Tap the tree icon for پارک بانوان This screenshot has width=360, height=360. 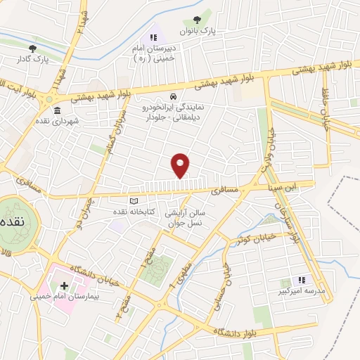coord(196,22)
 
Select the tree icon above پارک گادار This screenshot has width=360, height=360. coord(32,49)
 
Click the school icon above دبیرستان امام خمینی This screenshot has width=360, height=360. coord(153,37)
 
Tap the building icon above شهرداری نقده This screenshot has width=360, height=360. coord(56,110)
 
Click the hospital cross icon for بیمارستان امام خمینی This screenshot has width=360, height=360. coord(65,286)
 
